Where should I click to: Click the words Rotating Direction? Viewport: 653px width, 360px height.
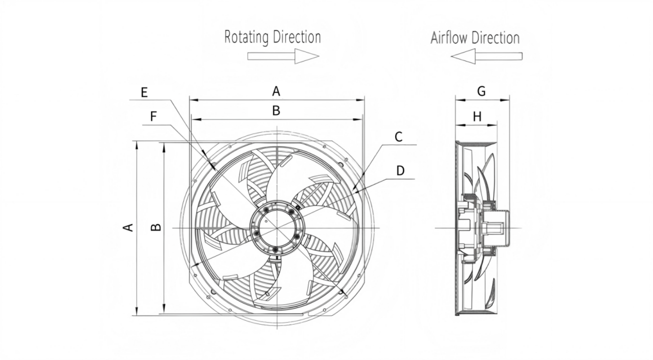point(272,37)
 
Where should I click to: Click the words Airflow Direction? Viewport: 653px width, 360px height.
point(475,38)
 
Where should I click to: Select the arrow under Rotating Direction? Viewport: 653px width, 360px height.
point(283,56)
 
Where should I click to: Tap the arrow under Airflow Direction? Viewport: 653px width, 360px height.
point(487,57)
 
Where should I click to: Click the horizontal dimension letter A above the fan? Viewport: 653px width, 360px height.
point(276,91)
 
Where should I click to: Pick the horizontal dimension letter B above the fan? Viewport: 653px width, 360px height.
point(276,110)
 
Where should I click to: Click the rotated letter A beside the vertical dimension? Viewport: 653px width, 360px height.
point(128,227)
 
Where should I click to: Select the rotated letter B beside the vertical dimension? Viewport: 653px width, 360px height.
point(156,227)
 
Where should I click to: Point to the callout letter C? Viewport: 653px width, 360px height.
point(398,137)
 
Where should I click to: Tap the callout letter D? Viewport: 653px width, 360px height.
point(400,171)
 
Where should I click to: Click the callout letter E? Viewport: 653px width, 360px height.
point(144,93)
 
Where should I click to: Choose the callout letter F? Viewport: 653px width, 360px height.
point(154,117)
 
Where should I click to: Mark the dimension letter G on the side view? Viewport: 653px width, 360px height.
point(482,91)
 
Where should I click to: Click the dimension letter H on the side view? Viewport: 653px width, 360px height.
point(477,117)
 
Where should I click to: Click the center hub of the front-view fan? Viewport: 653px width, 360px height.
point(276,227)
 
